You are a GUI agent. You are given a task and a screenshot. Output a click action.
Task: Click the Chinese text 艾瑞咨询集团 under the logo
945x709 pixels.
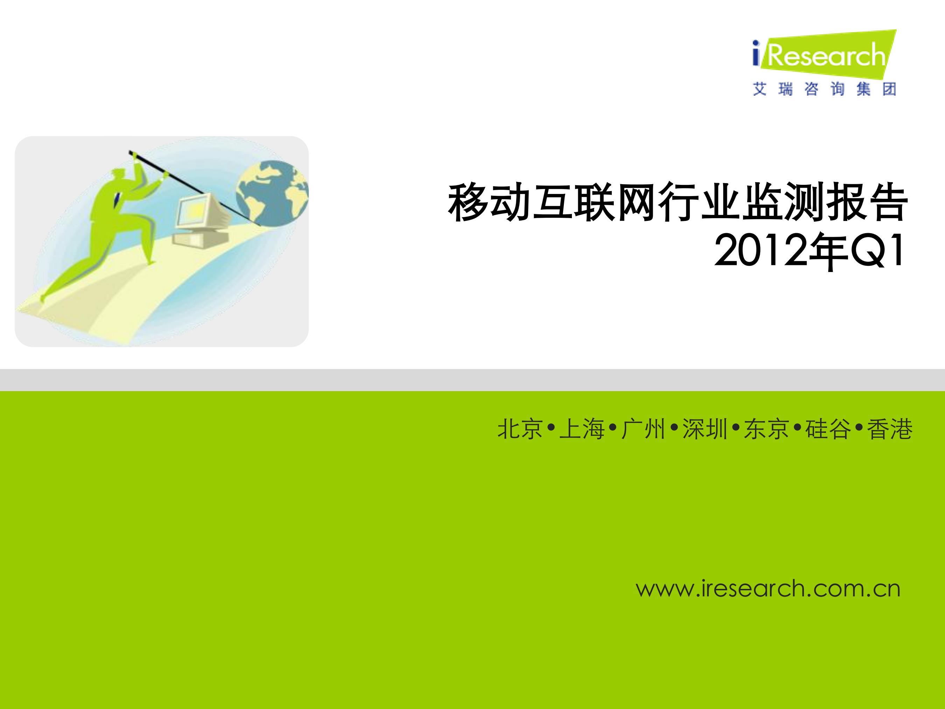pyautogui.click(x=825, y=89)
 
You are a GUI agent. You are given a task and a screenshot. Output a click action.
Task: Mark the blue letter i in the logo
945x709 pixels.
pyautogui.click(x=756, y=54)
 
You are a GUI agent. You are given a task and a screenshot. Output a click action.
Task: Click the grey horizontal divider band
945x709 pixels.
pyautogui.click(x=472, y=380)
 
